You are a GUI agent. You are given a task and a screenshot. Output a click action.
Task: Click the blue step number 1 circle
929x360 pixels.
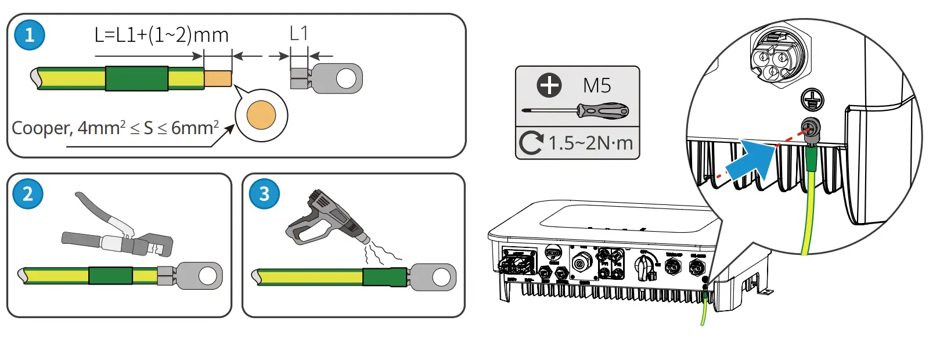tap(29, 35)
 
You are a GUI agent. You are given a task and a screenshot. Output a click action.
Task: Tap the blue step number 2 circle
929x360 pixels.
tap(27, 193)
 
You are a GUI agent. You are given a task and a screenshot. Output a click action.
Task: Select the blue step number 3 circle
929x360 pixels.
tap(264, 193)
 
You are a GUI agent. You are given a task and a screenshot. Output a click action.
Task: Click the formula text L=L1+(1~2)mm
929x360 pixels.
tap(161, 35)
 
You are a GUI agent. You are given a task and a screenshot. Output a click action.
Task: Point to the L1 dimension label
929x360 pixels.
tap(298, 34)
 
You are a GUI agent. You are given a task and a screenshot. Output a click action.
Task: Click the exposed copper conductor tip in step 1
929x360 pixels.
tap(218, 78)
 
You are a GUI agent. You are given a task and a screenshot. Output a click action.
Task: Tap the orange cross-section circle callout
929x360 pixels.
tap(261, 115)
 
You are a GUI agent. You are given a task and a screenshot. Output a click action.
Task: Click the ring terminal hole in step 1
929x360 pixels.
tap(347, 78)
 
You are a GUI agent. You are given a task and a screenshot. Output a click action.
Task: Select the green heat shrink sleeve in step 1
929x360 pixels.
tap(136, 78)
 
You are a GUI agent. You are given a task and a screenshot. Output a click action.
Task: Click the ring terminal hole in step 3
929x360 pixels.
tap(441, 277)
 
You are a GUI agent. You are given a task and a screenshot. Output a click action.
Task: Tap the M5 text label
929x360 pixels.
tap(597, 86)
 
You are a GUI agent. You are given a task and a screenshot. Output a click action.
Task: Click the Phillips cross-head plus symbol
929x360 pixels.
tap(549, 85)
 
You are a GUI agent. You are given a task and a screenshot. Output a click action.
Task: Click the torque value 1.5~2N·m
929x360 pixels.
tap(590, 143)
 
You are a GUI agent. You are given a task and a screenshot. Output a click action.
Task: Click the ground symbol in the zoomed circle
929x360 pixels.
tap(812, 99)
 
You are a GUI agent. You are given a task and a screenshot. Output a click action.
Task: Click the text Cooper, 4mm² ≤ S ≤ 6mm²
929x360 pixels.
tap(115, 127)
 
